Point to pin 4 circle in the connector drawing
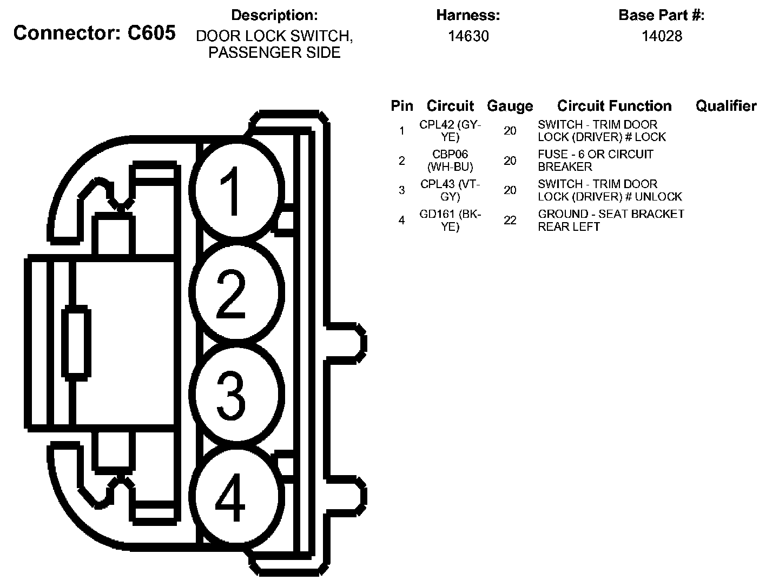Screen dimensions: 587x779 236,497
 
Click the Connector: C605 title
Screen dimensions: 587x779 95,33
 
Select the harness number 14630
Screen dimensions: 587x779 468,36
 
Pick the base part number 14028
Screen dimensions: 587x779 662,36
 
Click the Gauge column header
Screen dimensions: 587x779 510,106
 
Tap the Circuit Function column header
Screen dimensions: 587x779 614,106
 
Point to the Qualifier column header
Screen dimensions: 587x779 726,106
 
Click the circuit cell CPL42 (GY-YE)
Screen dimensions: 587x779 450,131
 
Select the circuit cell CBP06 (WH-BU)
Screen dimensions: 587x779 450,161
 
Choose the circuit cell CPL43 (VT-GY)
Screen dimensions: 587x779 450,190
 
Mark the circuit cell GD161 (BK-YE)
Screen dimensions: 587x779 450,220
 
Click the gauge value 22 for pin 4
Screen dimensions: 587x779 510,220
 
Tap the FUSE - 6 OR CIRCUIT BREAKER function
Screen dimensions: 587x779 595,161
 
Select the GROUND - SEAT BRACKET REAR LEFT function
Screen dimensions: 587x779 611,220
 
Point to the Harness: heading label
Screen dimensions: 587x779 468,16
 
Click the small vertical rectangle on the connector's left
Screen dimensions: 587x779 76,342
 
